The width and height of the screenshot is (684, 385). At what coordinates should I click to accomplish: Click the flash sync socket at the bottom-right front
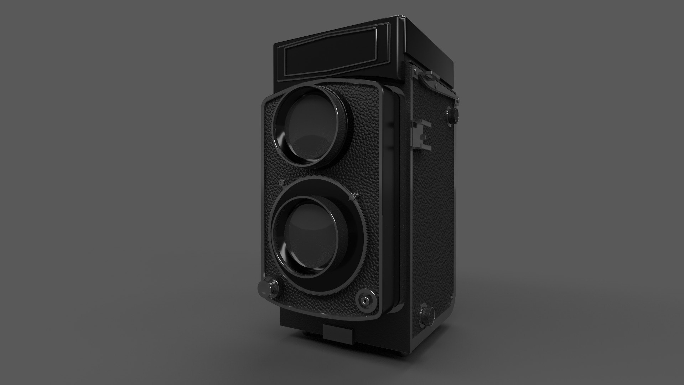(365, 301)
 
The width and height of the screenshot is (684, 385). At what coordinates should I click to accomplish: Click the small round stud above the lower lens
(281, 183)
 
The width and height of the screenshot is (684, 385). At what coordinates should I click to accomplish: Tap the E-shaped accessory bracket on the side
(421, 134)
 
